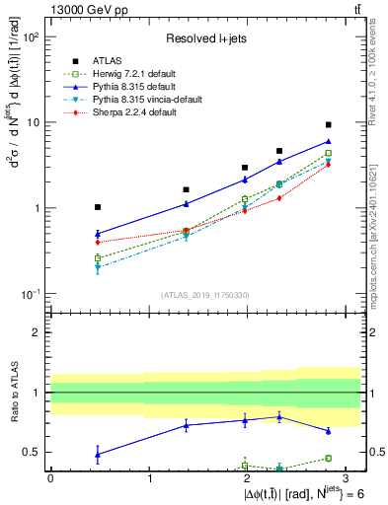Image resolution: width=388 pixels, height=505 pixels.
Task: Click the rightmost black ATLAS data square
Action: click(328, 125)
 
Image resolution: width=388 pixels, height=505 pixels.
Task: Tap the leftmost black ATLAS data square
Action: click(98, 207)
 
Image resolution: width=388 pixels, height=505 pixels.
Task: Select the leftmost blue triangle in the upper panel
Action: click(98, 234)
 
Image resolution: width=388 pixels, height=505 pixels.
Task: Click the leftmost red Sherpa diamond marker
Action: click(98, 242)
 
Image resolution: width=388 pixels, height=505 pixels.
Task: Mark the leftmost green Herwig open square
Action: click(98, 258)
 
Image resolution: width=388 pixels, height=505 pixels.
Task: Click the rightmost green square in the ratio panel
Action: click(328, 458)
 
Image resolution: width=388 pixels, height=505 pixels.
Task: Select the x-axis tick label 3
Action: click(346, 479)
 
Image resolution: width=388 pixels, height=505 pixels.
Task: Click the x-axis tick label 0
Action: click(50, 479)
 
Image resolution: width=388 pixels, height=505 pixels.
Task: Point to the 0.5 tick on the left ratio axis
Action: click(37, 453)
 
